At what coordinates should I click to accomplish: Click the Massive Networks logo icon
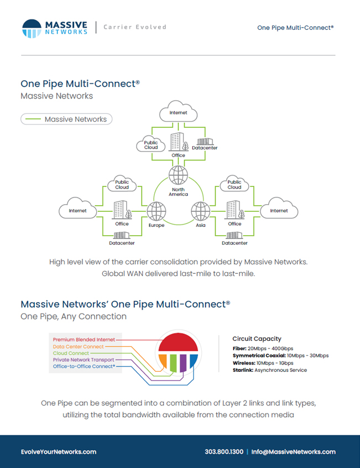[32, 29]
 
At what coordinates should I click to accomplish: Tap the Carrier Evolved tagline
[135, 27]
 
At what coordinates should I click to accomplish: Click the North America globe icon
[179, 175]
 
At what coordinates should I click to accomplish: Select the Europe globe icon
[156, 211]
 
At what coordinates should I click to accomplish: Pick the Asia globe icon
[201, 211]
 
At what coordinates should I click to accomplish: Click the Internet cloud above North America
[179, 111]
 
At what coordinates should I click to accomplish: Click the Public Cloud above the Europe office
[122, 184]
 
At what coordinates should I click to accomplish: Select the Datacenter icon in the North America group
[205, 142]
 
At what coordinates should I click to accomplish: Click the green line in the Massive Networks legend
[33, 119]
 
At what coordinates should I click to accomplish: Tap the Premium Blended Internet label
[84, 340]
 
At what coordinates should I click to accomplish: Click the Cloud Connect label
[71, 353]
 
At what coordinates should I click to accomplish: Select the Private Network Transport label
[84, 360]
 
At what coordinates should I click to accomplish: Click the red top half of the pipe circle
[179, 342]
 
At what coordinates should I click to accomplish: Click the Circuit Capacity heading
[257, 339]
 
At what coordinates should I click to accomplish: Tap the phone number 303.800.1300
[224, 452]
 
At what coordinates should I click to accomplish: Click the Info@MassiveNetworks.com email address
[293, 452]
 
